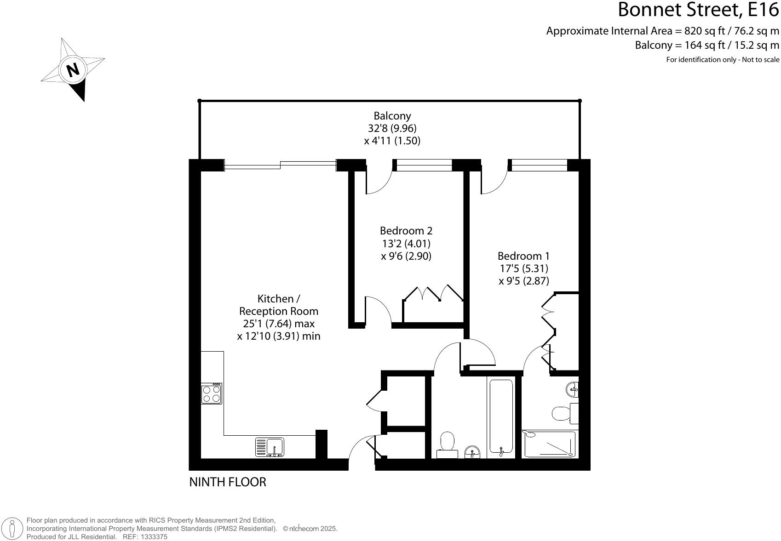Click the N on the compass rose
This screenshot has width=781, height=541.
point(73,69)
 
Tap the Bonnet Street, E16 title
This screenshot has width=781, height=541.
point(698,10)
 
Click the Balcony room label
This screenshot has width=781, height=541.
point(392,116)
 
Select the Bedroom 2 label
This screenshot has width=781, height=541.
point(406,230)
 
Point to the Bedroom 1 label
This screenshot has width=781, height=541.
point(523,256)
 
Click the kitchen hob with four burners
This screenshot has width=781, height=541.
point(212,394)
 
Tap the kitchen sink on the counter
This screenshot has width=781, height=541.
point(270,447)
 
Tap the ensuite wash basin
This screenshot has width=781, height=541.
point(572,389)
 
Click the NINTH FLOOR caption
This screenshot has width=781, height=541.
point(228,482)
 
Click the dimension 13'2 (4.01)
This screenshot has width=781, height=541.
point(406,243)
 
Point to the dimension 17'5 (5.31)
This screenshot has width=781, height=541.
point(523,268)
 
